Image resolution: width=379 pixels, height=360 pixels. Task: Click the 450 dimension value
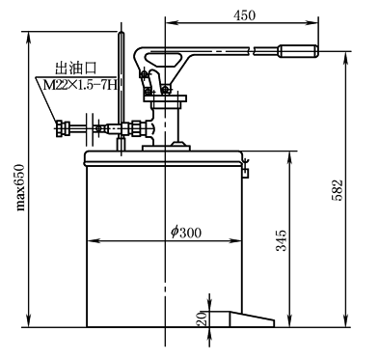point(245,15)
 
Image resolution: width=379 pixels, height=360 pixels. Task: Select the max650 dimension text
point(20,187)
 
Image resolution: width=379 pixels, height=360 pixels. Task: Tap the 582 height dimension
point(337,190)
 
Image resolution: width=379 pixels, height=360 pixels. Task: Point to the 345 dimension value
point(282,240)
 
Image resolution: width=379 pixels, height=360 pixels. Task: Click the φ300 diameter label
point(186,232)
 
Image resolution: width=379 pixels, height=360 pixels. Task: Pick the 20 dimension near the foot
point(202,318)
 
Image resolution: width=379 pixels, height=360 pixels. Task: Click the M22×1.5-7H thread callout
point(79,86)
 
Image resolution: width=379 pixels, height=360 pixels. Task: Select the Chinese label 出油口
point(76,69)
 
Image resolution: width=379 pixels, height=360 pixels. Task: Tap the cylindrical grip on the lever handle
point(298,51)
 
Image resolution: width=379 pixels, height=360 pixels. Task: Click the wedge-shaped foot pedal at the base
point(252,319)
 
